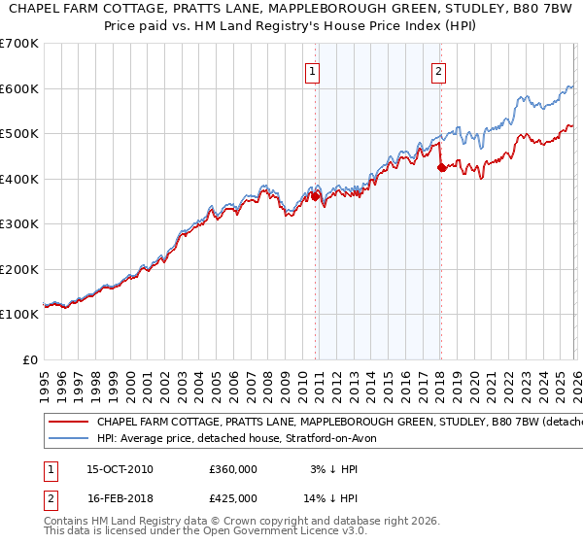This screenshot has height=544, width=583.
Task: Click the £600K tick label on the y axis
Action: coord(19,88)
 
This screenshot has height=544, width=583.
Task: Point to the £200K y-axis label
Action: coord(19,269)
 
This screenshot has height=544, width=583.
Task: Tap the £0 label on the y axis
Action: coord(29,359)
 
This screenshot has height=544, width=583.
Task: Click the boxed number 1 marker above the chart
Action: coord(312,71)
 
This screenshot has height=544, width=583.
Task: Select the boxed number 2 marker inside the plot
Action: coord(439,71)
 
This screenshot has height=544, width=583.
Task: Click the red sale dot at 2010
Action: coord(315,196)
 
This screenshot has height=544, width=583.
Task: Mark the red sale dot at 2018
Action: coord(441,167)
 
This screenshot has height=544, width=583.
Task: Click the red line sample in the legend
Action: coord(67,423)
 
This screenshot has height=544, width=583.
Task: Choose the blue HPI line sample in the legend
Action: coord(67,439)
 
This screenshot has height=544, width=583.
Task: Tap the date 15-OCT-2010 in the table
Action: coord(120,469)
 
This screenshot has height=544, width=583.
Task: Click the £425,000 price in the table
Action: coord(233,497)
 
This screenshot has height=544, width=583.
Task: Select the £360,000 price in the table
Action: coord(233,469)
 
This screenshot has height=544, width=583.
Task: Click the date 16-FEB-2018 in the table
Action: coord(120,497)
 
